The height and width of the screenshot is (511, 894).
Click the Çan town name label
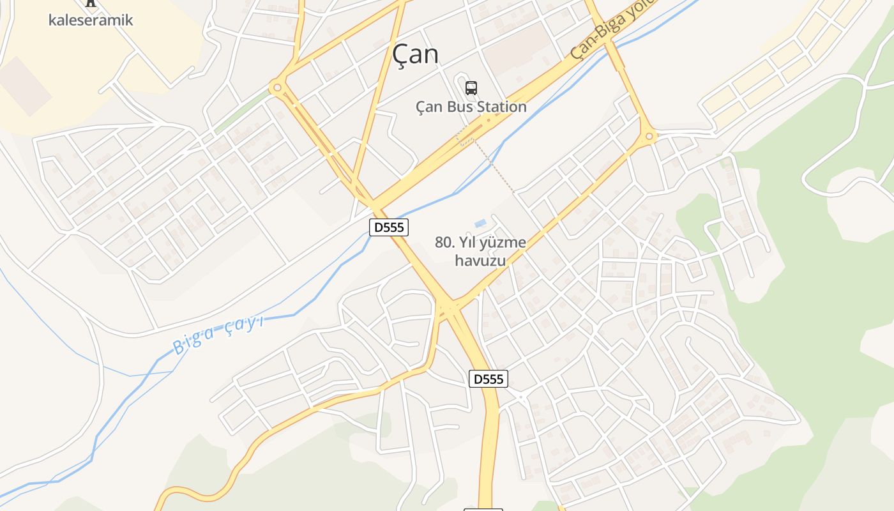pos(416,54)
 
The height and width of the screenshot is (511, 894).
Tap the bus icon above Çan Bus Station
pos(471,88)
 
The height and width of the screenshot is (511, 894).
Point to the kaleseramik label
pos(91,20)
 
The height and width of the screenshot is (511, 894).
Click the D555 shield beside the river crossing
pos(388,227)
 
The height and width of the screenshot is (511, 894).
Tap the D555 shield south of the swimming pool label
pos(489,379)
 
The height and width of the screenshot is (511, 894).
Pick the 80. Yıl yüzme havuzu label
pos(480,251)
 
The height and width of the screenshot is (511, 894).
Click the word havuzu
pos(480,261)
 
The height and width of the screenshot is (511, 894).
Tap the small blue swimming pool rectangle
pos(480,224)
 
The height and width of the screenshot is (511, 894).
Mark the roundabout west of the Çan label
pos(277,88)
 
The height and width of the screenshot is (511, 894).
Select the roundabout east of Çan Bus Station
pos(649,136)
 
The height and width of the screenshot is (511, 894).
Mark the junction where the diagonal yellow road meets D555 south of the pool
pos(450,307)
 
